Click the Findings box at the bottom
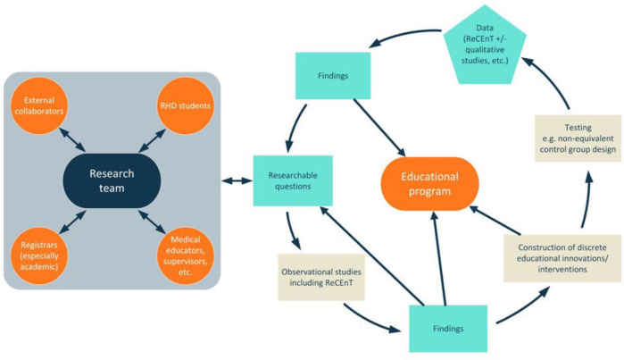449,329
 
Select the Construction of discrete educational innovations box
562,257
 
